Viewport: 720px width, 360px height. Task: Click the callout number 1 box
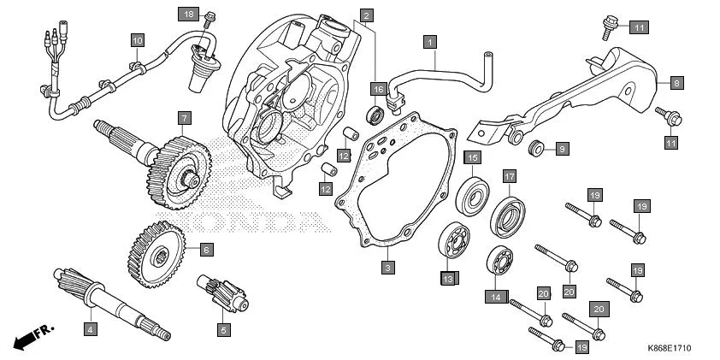tap(430, 40)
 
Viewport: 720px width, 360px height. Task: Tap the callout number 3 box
tap(387, 268)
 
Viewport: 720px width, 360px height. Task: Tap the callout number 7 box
tap(184, 116)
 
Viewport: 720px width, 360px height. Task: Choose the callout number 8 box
tap(676, 83)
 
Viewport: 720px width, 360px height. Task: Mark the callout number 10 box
tap(137, 39)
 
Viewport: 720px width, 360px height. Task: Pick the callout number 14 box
tap(494, 297)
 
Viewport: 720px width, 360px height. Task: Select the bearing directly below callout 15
tap(473, 195)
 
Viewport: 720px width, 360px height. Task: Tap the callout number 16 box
tap(377, 88)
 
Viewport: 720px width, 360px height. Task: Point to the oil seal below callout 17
tap(509, 214)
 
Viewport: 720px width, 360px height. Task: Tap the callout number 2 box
tap(365, 15)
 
